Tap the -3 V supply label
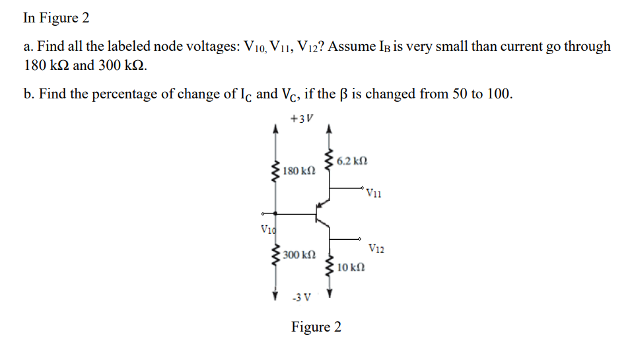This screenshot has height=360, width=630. pyautogui.click(x=301, y=298)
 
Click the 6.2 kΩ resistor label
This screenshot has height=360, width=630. pyautogui.click(x=351, y=161)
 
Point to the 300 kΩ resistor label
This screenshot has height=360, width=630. pyautogui.click(x=298, y=254)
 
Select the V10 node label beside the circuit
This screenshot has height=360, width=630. pyautogui.click(x=267, y=230)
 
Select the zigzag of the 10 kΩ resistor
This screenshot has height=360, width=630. pyautogui.click(x=329, y=266)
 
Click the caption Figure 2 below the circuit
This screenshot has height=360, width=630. pyautogui.click(x=316, y=327)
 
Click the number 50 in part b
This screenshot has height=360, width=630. pyautogui.click(x=460, y=94)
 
